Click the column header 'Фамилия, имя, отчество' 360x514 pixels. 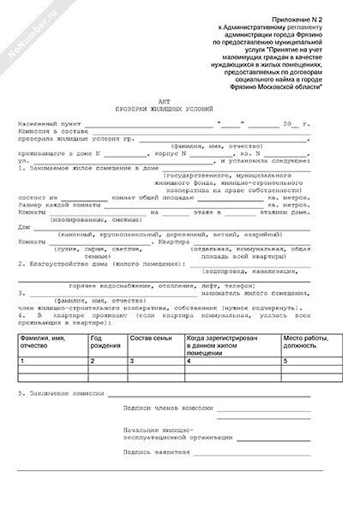coord(51,343)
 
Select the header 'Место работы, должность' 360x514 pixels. coord(309,343)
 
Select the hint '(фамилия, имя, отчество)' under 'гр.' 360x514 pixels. coord(218,148)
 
